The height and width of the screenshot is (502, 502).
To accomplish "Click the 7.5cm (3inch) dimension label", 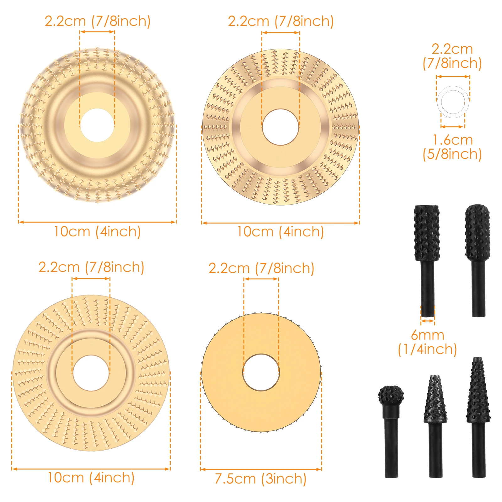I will point(260,479).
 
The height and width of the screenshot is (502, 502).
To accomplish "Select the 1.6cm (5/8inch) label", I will point(452,147).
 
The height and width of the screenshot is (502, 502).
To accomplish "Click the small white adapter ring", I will point(453,102).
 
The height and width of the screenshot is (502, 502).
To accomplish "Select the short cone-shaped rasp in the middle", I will point(435,400).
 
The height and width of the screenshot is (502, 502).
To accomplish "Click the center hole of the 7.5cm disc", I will point(261,372).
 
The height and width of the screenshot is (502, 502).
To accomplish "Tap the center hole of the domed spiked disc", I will point(97,125).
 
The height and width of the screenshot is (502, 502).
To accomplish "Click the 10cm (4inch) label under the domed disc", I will point(97,232).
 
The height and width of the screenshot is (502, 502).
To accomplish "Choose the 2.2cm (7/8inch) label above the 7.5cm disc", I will point(261,269).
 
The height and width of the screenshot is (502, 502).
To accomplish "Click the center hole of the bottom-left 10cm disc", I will point(91,373).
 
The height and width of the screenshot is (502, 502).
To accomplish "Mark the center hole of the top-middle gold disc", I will point(280,127).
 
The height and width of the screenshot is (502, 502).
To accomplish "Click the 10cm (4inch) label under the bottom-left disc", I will point(91,478).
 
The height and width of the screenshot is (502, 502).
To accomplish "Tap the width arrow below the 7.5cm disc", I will point(261,469).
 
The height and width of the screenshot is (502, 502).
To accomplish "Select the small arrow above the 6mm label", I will point(428,321).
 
